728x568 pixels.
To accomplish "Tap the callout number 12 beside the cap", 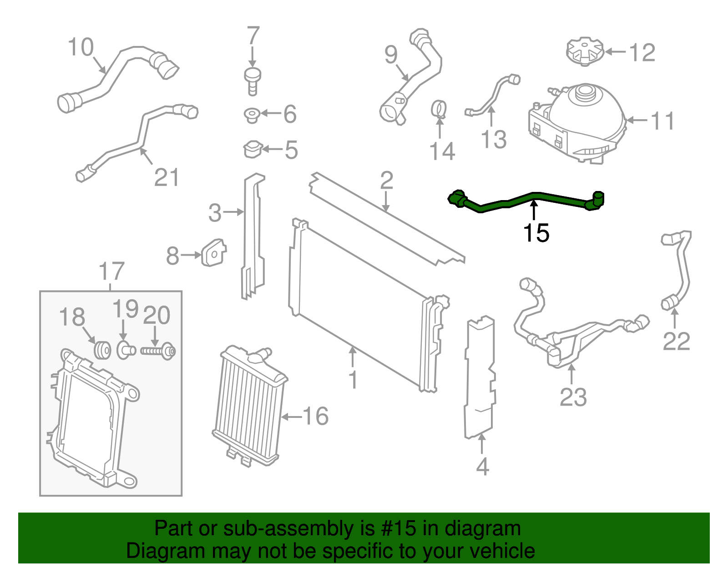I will (x=642, y=53).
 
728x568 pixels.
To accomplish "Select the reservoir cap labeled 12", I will (x=584, y=51).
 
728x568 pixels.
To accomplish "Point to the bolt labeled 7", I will (x=253, y=81).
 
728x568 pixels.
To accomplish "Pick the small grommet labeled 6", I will (x=252, y=115).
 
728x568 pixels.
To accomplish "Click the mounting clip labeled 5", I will (x=253, y=149).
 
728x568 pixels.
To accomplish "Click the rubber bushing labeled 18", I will (x=102, y=349).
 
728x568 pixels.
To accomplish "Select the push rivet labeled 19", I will (x=125, y=350).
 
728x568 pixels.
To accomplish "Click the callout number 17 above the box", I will (x=111, y=271).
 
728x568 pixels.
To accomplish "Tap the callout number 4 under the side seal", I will (x=482, y=467).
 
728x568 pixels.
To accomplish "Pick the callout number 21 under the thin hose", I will (x=167, y=178).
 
